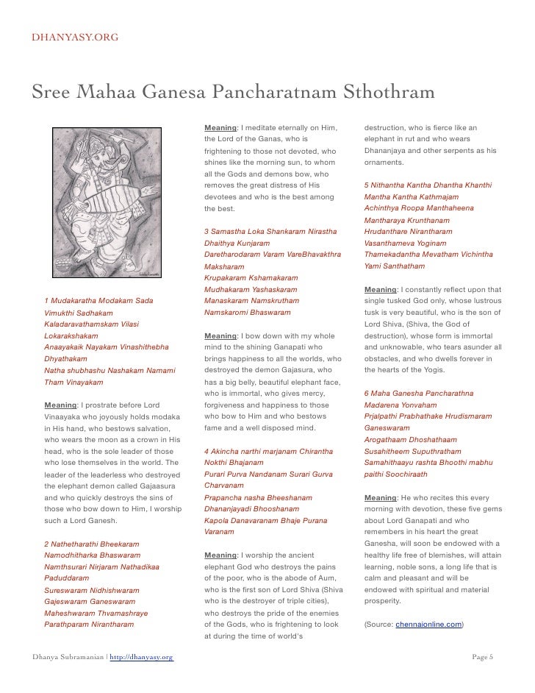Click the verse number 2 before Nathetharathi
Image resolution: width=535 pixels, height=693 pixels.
46,544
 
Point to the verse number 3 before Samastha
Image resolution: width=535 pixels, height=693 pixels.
207,232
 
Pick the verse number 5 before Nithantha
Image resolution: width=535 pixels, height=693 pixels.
366,185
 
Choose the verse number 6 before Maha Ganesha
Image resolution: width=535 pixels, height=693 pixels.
366,392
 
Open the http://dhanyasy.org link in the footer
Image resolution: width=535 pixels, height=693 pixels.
141,656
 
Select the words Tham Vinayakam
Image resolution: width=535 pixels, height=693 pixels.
73,383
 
